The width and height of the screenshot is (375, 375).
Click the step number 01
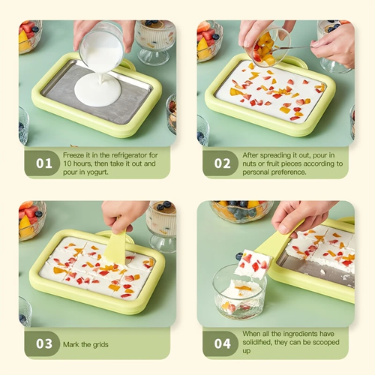tap(44, 163)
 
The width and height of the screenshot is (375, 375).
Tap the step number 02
tap(222, 163)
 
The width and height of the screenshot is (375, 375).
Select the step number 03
tap(44, 343)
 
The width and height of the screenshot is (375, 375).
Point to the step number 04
tap(222, 343)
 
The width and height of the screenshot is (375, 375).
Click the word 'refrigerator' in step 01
tap(129, 155)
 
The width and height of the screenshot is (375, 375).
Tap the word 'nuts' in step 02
tap(249, 163)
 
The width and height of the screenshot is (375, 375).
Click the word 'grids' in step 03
tap(100, 345)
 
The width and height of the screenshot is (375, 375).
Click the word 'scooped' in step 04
tap(326, 342)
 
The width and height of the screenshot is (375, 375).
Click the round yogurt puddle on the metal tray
tap(97, 90)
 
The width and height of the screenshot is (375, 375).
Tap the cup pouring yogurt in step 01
tap(101, 47)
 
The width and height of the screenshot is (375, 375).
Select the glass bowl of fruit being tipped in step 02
tap(268, 49)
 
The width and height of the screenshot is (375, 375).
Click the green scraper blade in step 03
tap(116, 247)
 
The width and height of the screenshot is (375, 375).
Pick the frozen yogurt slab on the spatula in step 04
tap(253, 264)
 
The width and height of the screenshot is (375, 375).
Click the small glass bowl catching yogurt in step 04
tap(239, 292)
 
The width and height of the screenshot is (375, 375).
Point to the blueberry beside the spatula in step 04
tap(239, 256)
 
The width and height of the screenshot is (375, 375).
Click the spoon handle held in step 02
tap(292, 47)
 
